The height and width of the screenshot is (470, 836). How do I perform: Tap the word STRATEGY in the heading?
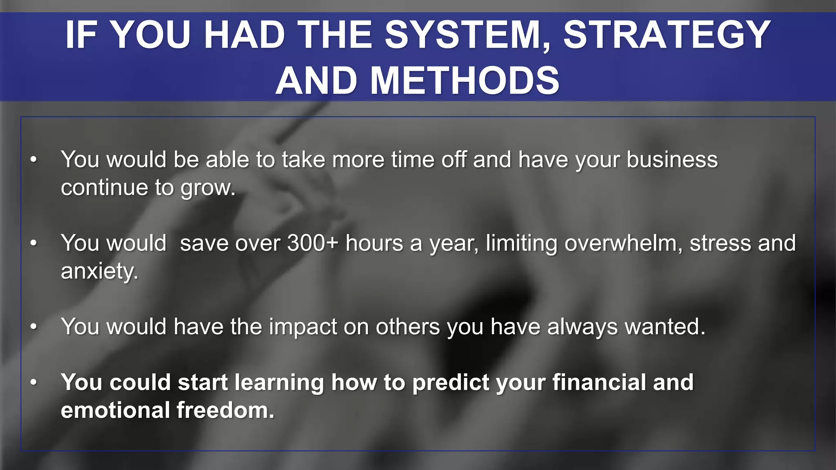667,35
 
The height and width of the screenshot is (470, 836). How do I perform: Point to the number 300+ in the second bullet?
313,243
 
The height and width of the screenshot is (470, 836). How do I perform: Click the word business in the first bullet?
672,160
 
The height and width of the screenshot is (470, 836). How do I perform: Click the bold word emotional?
115,410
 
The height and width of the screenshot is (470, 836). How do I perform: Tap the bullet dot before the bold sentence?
33,383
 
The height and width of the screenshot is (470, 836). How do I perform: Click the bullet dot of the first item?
33,160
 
